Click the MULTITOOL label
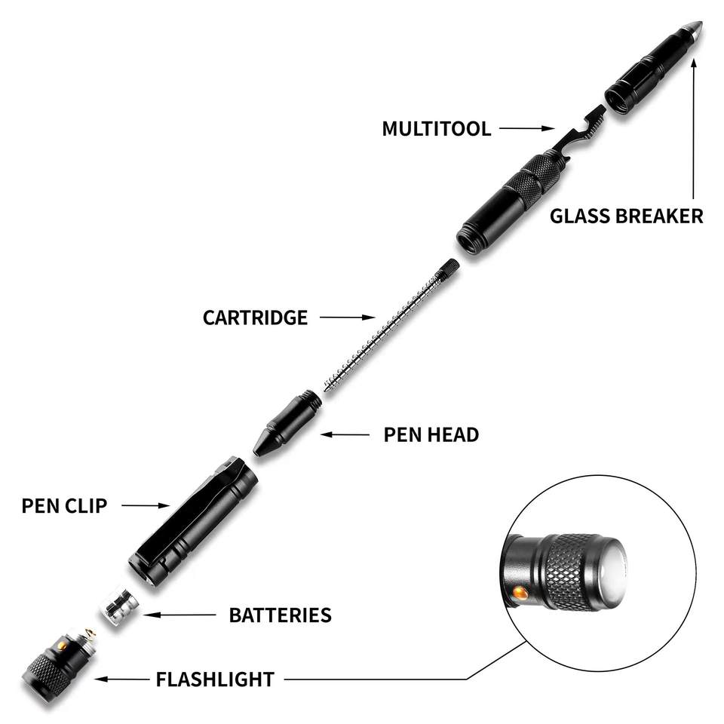coord(436,128)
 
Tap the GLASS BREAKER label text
coord(626,216)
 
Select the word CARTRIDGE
coord(255,318)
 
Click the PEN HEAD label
coord(431,434)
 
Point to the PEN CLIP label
coord(64,505)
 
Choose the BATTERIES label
coord(280,615)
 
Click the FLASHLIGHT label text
coord(215,680)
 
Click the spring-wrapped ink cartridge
coord(385,329)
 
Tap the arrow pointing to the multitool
coord(528,129)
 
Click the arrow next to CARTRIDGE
coord(347,318)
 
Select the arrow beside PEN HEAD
coord(348,434)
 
